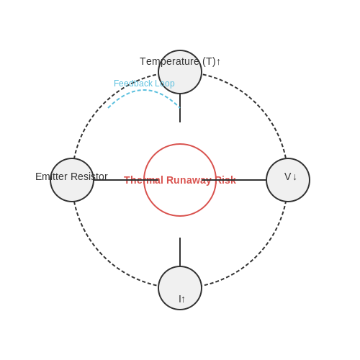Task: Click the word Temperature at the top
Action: click(170, 62)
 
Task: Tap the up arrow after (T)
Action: click(218, 62)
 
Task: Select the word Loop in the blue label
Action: click(165, 84)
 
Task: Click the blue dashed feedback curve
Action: click(144, 90)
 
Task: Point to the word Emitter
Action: click(51, 176)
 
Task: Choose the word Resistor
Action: click(89, 176)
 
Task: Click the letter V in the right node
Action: click(287, 176)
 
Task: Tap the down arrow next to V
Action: click(294, 177)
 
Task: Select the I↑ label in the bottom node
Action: click(181, 299)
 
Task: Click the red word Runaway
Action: click(189, 180)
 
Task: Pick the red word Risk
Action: click(226, 180)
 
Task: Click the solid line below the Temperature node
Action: click(180, 108)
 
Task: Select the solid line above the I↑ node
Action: click(180, 252)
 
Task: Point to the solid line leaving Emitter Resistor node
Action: click(126, 180)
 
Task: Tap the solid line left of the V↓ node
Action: click(234, 180)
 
